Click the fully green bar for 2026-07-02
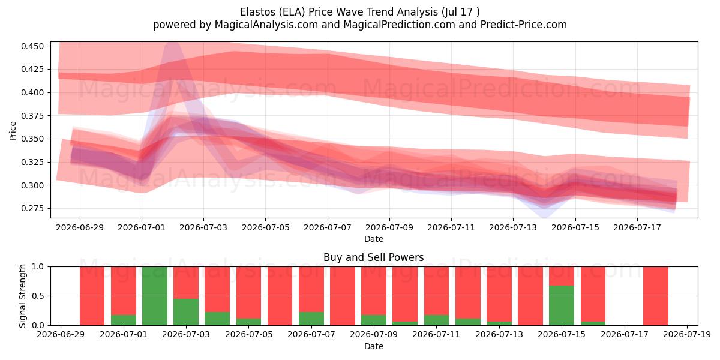(155, 296)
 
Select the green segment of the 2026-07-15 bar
(561, 305)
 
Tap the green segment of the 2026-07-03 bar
(186, 312)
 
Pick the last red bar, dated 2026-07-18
(656, 296)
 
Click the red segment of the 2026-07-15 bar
(561, 276)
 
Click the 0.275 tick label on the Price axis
(32, 208)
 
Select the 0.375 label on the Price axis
(32, 116)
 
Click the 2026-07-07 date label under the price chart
(328, 227)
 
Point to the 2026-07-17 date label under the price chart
(637, 227)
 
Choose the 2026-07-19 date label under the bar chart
(687, 335)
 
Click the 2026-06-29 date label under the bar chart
(61, 335)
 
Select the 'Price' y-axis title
(13, 131)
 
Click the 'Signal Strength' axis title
(22, 296)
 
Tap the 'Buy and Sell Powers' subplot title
(373, 257)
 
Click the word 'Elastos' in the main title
(258, 12)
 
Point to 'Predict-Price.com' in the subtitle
(524, 25)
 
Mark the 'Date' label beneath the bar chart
(373, 346)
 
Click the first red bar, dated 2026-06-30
(92, 296)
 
